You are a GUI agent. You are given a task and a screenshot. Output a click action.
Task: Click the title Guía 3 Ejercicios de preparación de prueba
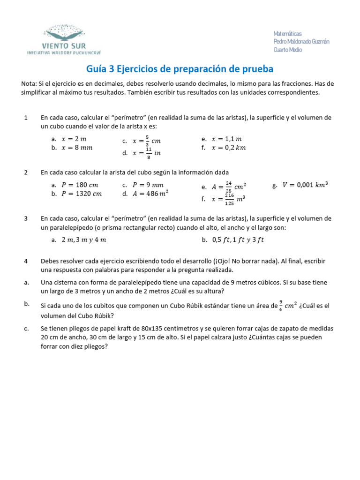(180, 69)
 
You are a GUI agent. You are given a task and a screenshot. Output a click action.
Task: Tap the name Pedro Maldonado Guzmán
(301, 42)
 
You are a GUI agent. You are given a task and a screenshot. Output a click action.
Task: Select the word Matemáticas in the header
(287, 34)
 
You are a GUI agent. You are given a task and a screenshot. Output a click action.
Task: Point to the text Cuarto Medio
(287, 50)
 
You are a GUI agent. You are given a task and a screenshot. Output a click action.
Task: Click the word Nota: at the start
(30, 83)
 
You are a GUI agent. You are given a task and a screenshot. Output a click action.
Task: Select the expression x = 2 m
(74, 139)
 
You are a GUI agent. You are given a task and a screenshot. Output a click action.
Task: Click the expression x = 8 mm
(77, 148)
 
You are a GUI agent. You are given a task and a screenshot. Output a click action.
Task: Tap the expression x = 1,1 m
(226, 139)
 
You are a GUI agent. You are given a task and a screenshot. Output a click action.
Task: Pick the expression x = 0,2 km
(228, 148)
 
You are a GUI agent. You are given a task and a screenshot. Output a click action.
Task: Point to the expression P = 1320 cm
(82, 194)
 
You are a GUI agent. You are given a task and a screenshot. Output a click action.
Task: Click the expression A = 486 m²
(150, 193)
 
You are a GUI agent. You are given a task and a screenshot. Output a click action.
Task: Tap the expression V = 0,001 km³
(305, 185)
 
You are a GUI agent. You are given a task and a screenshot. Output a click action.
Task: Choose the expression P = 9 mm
(148, 185)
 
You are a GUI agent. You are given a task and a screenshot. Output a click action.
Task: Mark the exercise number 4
(26, 261)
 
